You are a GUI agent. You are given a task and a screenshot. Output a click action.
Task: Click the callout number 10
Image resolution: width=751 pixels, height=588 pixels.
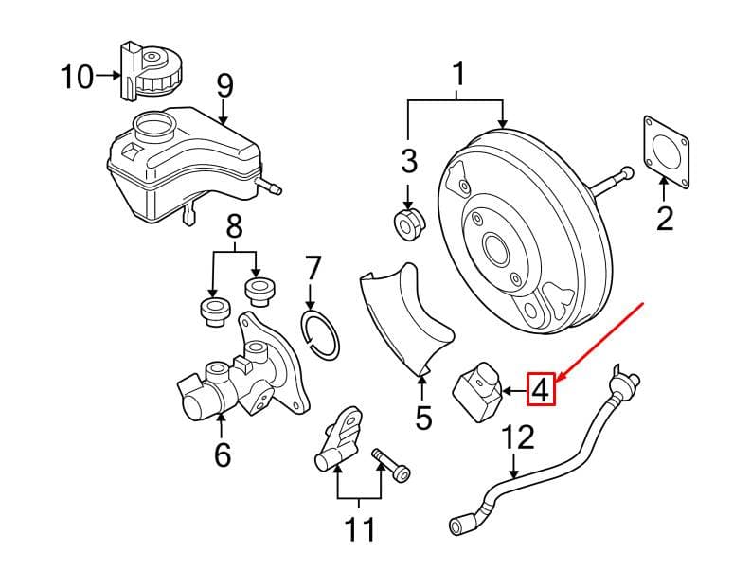pos(77,77)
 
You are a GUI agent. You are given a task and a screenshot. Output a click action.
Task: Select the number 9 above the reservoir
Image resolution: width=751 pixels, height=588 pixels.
pos(224,87)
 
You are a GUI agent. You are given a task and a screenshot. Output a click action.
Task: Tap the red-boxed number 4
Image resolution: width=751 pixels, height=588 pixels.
pos(541,389)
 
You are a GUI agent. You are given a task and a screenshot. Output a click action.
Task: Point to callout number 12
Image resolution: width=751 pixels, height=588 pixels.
pos(518,437)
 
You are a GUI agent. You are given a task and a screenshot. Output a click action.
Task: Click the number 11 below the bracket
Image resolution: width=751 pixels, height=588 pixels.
pos(360,529)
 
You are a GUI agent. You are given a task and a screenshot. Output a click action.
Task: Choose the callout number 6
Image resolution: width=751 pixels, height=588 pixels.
pos(223,454)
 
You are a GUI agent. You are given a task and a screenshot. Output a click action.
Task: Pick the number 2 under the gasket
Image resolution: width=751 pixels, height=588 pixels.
pos(665,219)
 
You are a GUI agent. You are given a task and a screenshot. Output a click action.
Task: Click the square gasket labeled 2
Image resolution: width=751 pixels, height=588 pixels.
pos(665,151)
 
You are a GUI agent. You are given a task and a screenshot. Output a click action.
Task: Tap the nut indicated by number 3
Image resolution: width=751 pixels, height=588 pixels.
pos(410,223)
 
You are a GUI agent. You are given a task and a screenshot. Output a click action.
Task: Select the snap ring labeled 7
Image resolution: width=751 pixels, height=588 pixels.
pos(321,334)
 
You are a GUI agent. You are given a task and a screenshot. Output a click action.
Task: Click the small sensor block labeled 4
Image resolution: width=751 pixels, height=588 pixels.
pos(476,392)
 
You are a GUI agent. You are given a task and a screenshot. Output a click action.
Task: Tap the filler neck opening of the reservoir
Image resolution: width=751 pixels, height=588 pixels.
pos(154,128)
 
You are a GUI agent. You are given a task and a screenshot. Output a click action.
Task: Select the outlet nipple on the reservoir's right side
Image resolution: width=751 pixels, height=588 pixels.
pos(270,187)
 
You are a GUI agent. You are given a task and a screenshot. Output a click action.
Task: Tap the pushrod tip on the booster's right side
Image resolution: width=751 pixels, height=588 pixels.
pos(626,172)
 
